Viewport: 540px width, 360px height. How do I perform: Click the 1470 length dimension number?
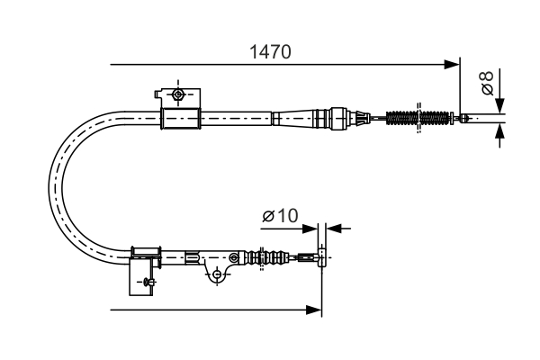(269, 52)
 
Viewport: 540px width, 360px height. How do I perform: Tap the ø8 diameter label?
(486, 84)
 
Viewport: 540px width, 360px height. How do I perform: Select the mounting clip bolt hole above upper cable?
(178, 94)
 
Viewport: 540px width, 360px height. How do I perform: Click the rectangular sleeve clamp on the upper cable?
(178, 118)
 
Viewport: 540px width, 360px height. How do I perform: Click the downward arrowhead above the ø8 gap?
(500, 104)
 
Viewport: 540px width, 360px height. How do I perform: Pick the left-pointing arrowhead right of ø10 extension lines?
(331, 229)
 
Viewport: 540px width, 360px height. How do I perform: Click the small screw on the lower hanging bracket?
(144, 282)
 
